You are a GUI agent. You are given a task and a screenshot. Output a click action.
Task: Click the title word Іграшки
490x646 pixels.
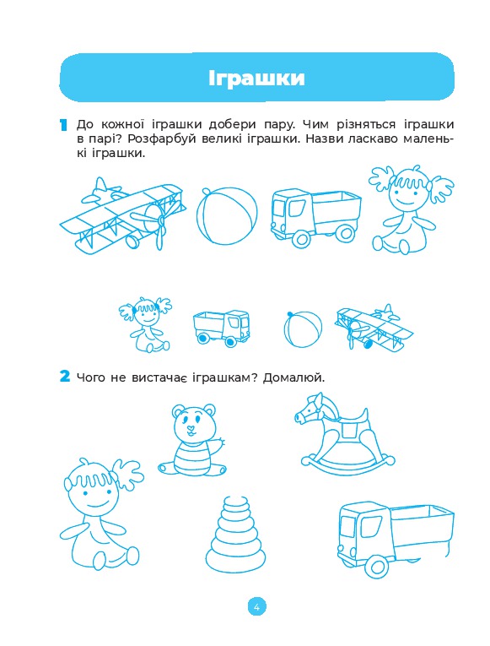tap(256, 78)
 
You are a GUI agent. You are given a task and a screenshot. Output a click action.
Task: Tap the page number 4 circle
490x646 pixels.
tap(256, 606)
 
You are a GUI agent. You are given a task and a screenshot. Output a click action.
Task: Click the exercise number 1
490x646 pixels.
tap(63, 125)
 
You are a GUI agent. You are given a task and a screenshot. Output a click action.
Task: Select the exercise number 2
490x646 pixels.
tap(65, 376)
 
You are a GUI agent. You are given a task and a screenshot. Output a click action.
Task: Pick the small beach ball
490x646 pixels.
tap(303, 328)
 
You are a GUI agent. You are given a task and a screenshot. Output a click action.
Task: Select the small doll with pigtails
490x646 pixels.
tap(146, 324)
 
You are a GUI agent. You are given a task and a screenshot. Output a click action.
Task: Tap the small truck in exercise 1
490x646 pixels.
tap(221, 327)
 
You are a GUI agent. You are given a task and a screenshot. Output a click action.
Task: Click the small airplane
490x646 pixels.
tap(374, 328)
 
